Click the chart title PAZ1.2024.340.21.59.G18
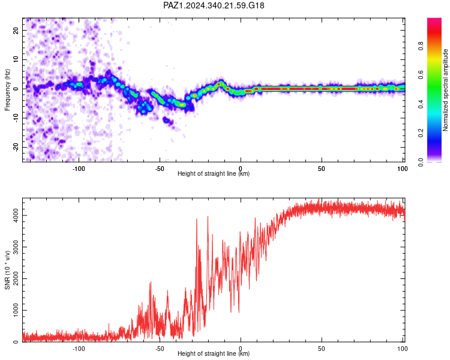pyautogui.click(x=214, y=5)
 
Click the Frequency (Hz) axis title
pyautogui.click(x=7, y=90)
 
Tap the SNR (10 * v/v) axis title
pyautogui.click(x=7, y=270)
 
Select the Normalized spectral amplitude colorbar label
pyautogui.click(x=445, y=90)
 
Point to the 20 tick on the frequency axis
pyautogui.click(x=16, y=30)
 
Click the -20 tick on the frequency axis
pyautogui.click(x=16, y=148)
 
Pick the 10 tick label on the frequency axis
pyautogui.click(x=16, y=59)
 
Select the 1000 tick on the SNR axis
pyautogui.click(x=16, y=310)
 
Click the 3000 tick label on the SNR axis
pyautogui.click(x=16, y=247)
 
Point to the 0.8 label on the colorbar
pyautogui.click(x=421, y=46)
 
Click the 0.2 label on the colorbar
pyautogui.click(x=421, y=133)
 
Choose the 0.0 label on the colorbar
pyautogui.click(x=421, y=162)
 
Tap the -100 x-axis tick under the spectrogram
pyautogui.click(x=79, y=169)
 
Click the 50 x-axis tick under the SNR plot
pyautogui.click(x=322, y=349)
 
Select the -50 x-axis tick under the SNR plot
pyautogui.click(x=160, y=349)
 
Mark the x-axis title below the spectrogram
pyautogui.click(x=214, y=173)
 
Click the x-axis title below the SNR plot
pyautogui.click(x=214, y=353)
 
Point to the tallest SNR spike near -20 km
pyautogui.click(x=208, y=217)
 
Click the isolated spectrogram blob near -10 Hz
pyautogui.click(x=169, y=121)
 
